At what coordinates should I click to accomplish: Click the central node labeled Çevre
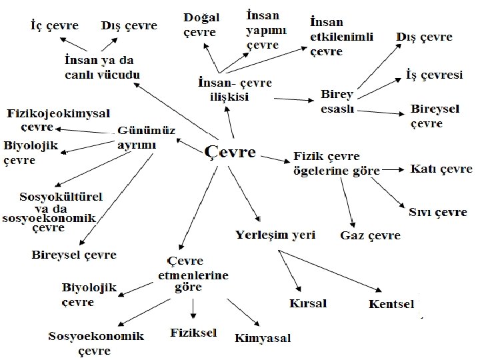coord(229,152)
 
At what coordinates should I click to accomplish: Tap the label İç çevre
coord(55,26)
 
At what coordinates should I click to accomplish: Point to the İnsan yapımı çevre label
coord(263,30)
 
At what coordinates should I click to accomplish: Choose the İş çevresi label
coord(434,75)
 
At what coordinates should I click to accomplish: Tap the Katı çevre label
coord(441,169)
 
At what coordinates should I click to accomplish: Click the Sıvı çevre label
coord(438,213)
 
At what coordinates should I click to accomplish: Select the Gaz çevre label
coord(371,235)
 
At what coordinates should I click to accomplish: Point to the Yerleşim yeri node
coord(275,235)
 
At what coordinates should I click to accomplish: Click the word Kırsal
coord(308,303)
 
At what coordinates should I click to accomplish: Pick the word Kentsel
coord(391,305)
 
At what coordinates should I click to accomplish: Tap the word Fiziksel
coord(194,332)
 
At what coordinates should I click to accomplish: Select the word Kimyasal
coord(263,338)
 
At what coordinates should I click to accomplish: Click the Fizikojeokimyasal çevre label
coord(59,119)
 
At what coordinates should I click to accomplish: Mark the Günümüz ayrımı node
coord(146,137)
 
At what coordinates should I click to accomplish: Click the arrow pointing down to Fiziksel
coord(193,307)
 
